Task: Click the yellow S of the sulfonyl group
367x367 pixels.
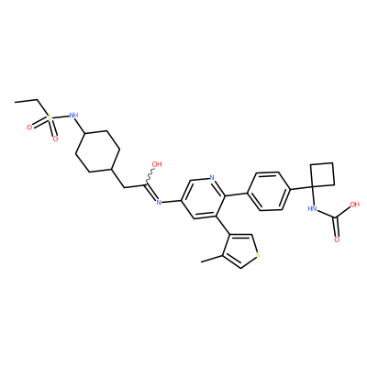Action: [50, 117]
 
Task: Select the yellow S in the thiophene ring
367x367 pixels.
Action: [258, 253]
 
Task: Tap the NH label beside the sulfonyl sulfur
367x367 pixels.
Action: [73, 115]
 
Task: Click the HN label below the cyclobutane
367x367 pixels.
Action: [312, 209]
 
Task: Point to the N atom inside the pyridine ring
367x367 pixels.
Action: [212, 178]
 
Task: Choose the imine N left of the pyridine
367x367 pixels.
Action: [158, 202]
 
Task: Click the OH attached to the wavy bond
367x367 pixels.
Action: [157, 164]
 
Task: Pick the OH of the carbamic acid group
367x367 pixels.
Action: [355, 205]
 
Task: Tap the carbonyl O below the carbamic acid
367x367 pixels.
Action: [337, 239]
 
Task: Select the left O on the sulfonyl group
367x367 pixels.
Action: [29, 128]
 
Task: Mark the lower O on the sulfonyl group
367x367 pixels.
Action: [55, 139]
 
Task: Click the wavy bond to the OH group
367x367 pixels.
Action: [150, 175]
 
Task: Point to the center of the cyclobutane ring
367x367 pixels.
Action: [322, 174]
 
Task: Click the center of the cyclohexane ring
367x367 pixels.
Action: [97, 151]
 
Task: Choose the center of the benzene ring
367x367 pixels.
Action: [268, 191]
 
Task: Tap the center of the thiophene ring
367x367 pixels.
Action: [240, 251]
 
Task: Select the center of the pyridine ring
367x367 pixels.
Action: [204, 198]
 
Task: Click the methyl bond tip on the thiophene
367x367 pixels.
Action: [201, 261]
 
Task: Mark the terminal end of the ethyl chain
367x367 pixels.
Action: [15, 102]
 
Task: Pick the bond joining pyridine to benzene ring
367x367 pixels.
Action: [236, 194]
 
